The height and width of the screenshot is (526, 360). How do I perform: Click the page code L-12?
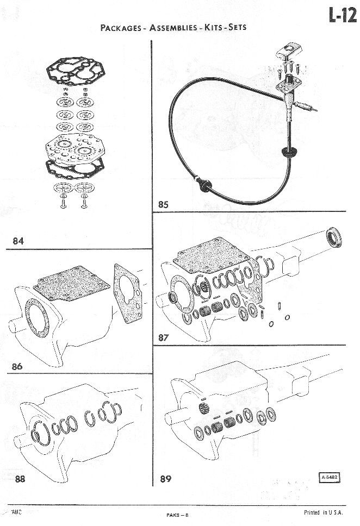pyautogui.click(x=343, y=15)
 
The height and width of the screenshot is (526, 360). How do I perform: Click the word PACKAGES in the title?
pyautogui.click(x=121, y=28)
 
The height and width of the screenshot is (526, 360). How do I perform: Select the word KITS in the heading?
pyautogui.click(x=213, y=27)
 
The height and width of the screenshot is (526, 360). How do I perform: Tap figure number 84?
pyautogui.click(x=18, y=241)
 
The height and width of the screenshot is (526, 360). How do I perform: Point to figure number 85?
pyautogui.click(x=163, y=204)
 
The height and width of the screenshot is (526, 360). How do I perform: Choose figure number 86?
pyautogui.click(x=17, y=366)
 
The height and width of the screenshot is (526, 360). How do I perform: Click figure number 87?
pyautogui.click(x=164, y=337)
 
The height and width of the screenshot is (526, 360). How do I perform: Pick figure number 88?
pyautogui.click(x=20, y=479)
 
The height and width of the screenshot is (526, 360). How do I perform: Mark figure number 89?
pyautogui.click(x=165, y=479)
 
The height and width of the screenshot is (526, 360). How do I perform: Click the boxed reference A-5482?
pyautogui.click(x=329, y=477)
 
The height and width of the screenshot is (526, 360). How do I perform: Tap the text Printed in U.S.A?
pyautogui.click(x=324, y=512)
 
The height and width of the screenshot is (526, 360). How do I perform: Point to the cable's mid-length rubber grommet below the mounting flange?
pyautogui.click(x=288, y=152)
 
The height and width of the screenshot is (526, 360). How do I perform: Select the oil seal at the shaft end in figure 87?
pyautogui.click(x=334, y=237)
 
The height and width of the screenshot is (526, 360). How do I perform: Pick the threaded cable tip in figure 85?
pyautogui.click(x=306, y=107)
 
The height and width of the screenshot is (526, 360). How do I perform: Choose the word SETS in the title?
pyautogui.click(x=238, y=27)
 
